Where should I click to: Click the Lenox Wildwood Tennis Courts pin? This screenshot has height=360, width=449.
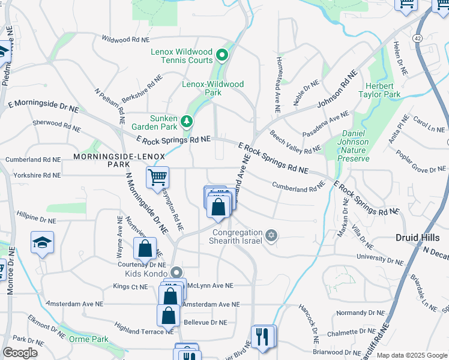(221, 56)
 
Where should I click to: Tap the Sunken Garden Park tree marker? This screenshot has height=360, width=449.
(187, 122)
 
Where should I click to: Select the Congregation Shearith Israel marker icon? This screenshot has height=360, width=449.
(271, 233)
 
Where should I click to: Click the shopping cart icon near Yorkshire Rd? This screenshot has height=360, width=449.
(157, 177)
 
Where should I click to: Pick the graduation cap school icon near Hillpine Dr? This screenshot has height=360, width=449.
(42, 242)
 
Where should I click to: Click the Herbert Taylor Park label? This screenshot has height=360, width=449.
(379, 90)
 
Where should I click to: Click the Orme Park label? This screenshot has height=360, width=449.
(88, 339)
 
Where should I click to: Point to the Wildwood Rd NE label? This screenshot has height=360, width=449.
(125, 39)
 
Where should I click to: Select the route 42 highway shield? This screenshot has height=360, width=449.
(417, 37)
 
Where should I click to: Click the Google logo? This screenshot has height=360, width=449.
(20, 353)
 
